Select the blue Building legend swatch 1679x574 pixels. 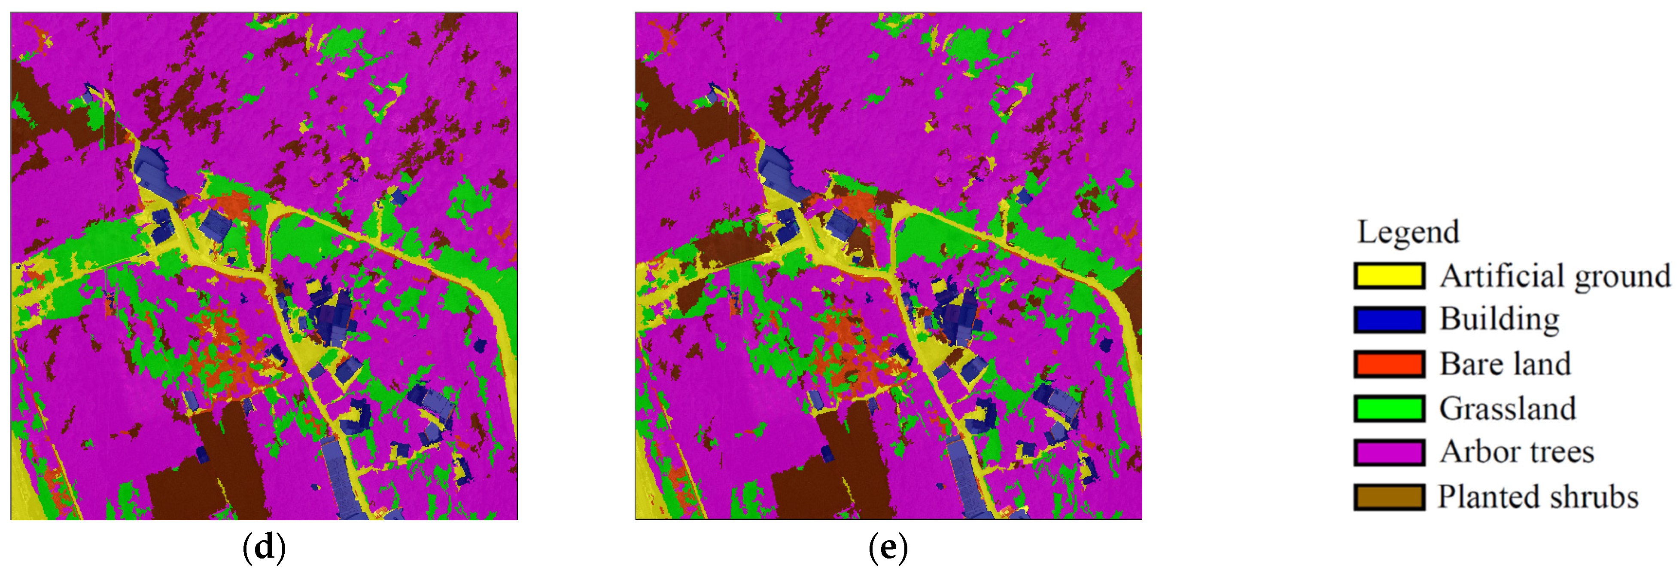[x=1389, y=319]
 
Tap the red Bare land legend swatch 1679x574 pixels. [x=1389, y=364]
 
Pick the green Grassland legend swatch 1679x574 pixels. [x=1389, y=408]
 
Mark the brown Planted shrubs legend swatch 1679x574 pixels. [x=1389, y=497]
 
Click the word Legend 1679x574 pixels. [x=1408, y=232]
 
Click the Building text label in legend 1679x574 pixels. [x=1499, y=319]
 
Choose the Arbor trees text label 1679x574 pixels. [x=1517, y=452]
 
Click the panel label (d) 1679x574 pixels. [x=264, y=548]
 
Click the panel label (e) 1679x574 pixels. [x=888, y=548]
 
